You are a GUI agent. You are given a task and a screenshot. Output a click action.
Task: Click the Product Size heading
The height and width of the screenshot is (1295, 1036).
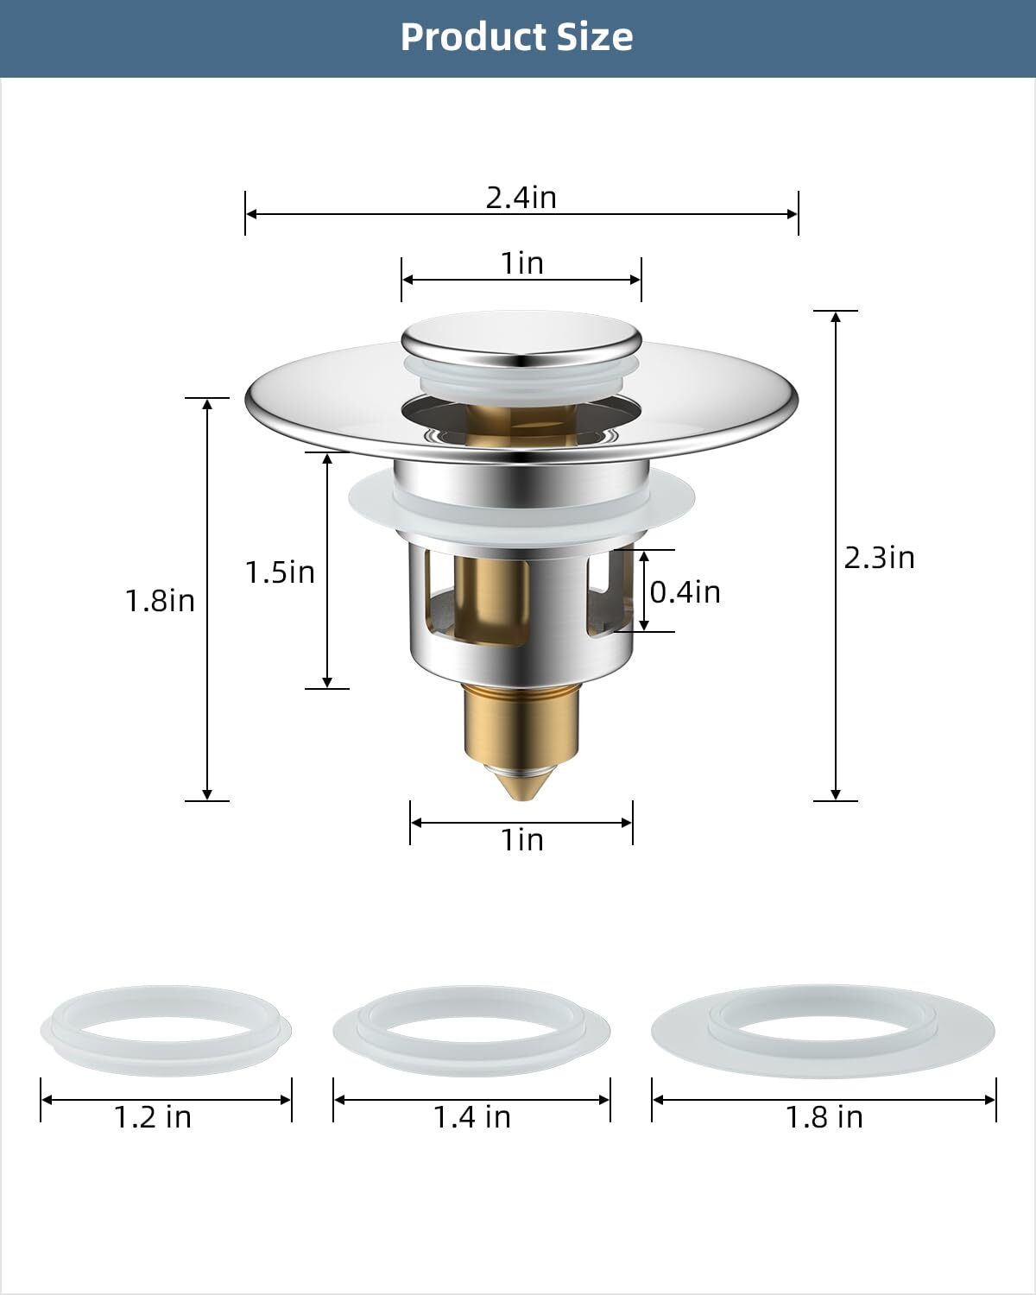pyautogui.click(x=516, y=37)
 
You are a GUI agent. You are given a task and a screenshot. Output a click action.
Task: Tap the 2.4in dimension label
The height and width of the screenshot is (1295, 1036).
pyautogui.click(x=521, y=198)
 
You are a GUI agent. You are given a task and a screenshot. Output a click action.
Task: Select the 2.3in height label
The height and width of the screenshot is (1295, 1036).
pyautogui.click(x=879, y=558)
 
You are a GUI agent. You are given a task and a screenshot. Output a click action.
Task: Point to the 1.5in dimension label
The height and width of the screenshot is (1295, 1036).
pyautogui.click(x=280, y=572)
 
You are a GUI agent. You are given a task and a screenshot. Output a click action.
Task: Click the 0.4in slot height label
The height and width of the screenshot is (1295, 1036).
pyautogui.click(x=685, y=592)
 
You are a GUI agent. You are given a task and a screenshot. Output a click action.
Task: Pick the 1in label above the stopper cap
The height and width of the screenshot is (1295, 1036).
pyautogui.click(x=522, y=262)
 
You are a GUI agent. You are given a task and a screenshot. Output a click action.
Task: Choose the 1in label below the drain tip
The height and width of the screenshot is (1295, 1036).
pyautogui.click(x=522, y=839)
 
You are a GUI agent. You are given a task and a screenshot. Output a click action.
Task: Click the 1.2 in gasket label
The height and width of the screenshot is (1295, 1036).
pyautogui.click(x=153, y=1117)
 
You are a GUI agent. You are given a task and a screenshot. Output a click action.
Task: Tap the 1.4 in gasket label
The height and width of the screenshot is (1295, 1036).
pyautogui.click(x=471, y=1117)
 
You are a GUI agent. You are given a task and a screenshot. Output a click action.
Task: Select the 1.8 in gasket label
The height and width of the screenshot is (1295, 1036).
pyautogui.click(x=824, y=1117)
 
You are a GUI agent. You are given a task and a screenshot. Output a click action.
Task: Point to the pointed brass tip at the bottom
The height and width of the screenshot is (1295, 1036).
pyautogui.click(x=521, y=781)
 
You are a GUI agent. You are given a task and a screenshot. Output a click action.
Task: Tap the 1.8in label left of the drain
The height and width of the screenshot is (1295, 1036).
pyautogui.click(x=160, y=601)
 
